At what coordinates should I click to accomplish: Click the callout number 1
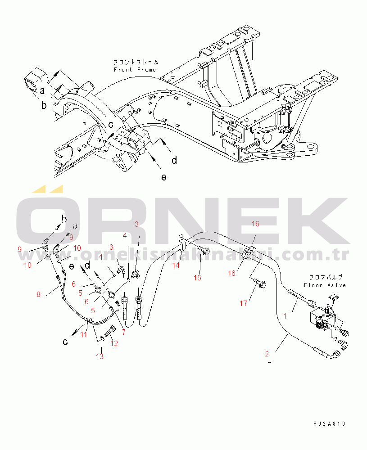(x=285, y=316)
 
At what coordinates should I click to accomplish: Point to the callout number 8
(x=38, y=295)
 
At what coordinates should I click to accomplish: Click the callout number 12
(x=114, y=344)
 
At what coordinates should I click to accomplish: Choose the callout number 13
(x=100, y=356)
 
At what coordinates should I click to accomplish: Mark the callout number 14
(x=175, y=265)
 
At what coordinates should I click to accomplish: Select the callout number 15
(x=197, y=278)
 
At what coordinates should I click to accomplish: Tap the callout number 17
(x=243, y=303)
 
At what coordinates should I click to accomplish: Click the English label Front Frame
(x=135, y=70)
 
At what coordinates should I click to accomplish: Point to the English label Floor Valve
(x=325, y=285)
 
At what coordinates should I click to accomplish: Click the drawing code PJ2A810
(x=330, y=423)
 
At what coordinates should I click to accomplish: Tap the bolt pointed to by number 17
(x=261, y=283)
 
